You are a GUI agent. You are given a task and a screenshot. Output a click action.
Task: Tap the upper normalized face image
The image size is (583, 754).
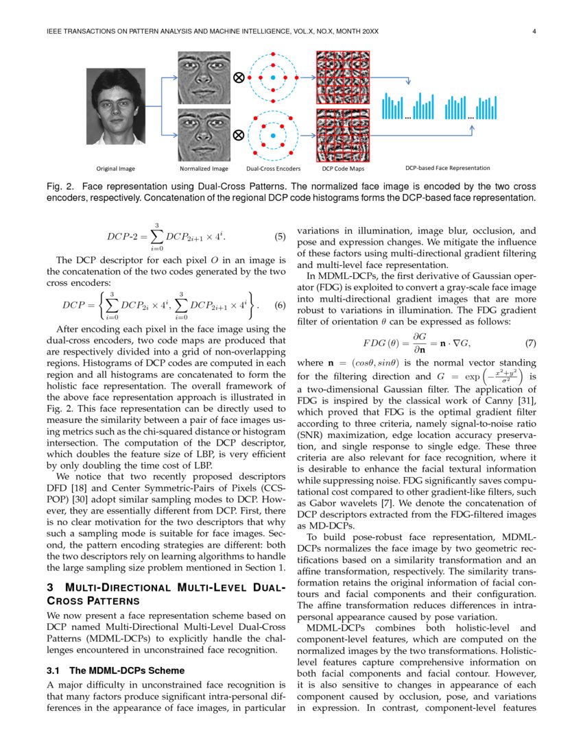pyautogui.click(x=204, y=77)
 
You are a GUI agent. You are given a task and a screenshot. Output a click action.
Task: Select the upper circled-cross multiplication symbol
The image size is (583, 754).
pyautogui.click(x=239, y=78)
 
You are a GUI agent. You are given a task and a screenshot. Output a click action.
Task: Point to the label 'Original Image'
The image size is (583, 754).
pyautogui.click(x=115, y=168)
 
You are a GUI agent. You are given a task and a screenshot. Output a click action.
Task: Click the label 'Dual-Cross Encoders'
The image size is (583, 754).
pyautogui.click(x=273, y=168)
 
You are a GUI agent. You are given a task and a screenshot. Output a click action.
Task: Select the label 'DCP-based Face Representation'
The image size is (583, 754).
pyautogui.click(x=447, y=167)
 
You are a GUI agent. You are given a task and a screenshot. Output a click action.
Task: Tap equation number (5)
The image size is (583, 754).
pyautogui.click(x=280, y=237)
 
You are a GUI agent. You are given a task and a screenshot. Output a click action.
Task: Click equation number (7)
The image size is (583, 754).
pyautogui.click(x=530, y=343)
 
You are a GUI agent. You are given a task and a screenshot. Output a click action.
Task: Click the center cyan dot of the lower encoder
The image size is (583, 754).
pyautogui.click(x=273, y=135)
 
